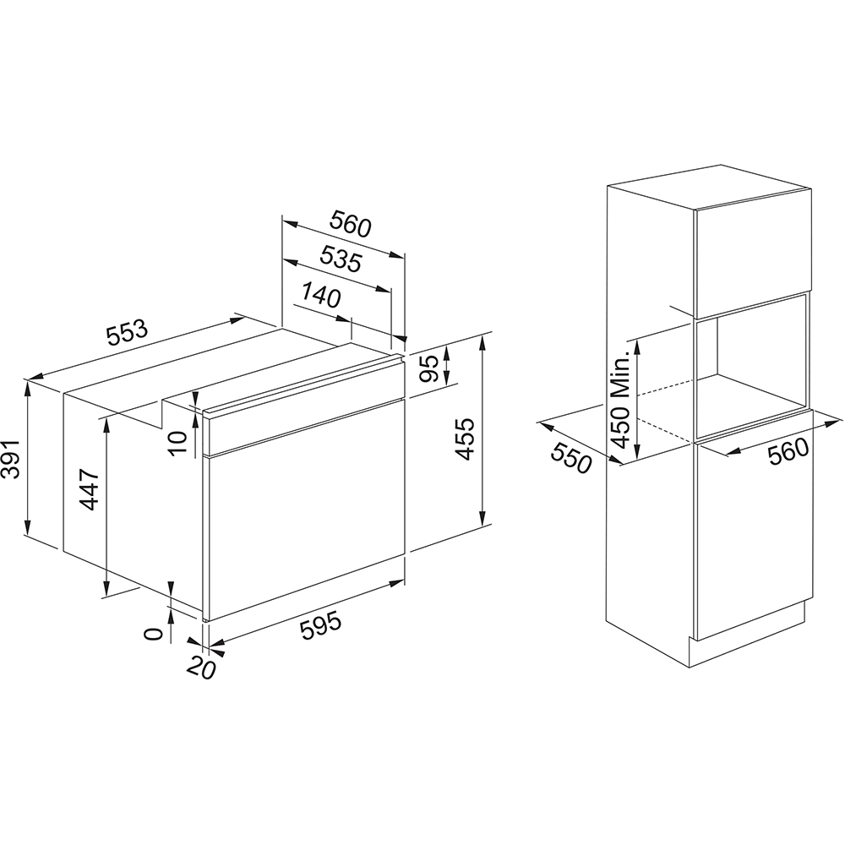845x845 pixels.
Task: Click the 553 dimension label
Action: [128, 333]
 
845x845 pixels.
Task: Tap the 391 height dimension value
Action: [11, 459]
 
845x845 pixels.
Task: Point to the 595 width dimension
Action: [321, 624]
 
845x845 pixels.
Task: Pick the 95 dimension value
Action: [429, 369]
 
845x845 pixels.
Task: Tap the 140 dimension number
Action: [321, 294]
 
